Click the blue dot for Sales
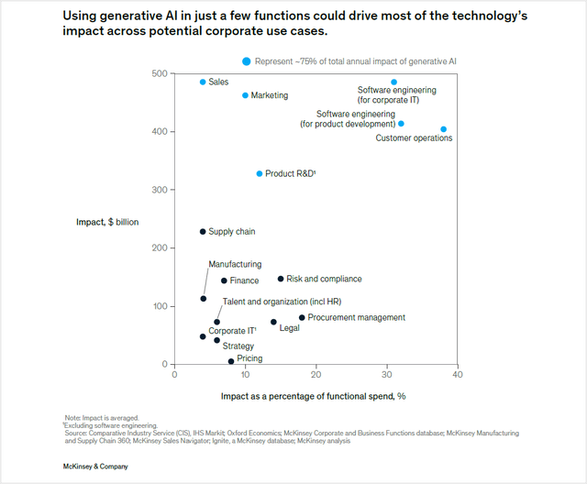(203, 82)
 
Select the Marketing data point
(245, 95)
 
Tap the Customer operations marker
(444, 129)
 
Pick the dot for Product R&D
(260, 173)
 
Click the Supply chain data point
(203, 232)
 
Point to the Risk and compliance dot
(281, 279)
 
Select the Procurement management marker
(302, 317)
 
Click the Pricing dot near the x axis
(231, 361)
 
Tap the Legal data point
(273, 322)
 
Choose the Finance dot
(224, 280)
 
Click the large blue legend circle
(246, 61)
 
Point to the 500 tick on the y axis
(161, 73)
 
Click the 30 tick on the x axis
(386, 374)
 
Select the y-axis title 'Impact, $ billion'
(107, 222)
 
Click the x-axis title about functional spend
(313, 396)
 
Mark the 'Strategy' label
(238, 346)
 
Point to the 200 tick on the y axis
(161, 247)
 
